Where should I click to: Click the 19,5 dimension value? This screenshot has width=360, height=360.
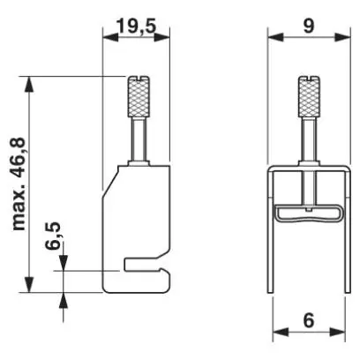pyautogui.click(x=137, y=26)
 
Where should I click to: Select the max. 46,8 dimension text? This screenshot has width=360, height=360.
pyautogui.click(x=19, y=184)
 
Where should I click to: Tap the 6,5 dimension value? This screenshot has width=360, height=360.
pyautogui.click(x=53, y=236)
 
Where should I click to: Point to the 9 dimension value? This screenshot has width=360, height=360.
pyautogui.click(x=309, y=26)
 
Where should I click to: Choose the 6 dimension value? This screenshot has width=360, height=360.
pyautogui.click(x=309, y=320)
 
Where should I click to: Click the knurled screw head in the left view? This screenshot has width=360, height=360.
pyautogui.click(x=139, y=96)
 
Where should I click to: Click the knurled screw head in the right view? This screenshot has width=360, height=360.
pyautogui.click(x=309, y=96)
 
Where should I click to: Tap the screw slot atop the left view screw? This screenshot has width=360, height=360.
pyautogui.click(x=139, y=79)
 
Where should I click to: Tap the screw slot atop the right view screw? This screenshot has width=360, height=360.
pyautogui.click(x=309, y=79)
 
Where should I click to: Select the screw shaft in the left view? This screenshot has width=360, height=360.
pyautogui.click(x=139, y=139)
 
